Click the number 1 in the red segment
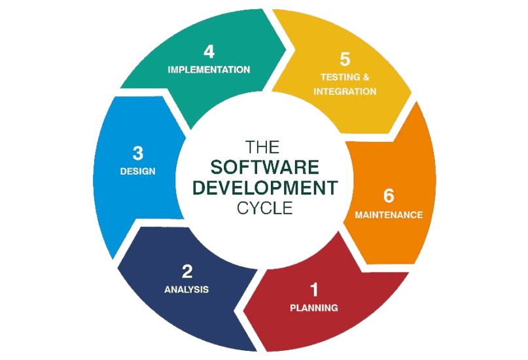pos(314,289)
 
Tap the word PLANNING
pos(314,307)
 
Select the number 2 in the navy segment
pos(187,270)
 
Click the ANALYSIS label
pos(186,289)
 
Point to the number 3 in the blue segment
pos(137,153)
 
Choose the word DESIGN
pos(137,171)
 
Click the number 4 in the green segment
pos(209,51)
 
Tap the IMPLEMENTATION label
pos(209,69)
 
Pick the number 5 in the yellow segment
pos(345,59)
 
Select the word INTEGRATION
pos(345,92)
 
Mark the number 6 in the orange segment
pos(389,196)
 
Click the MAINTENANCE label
pos(389,214)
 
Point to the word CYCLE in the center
pos(264,207)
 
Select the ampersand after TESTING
pos(366,77)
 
